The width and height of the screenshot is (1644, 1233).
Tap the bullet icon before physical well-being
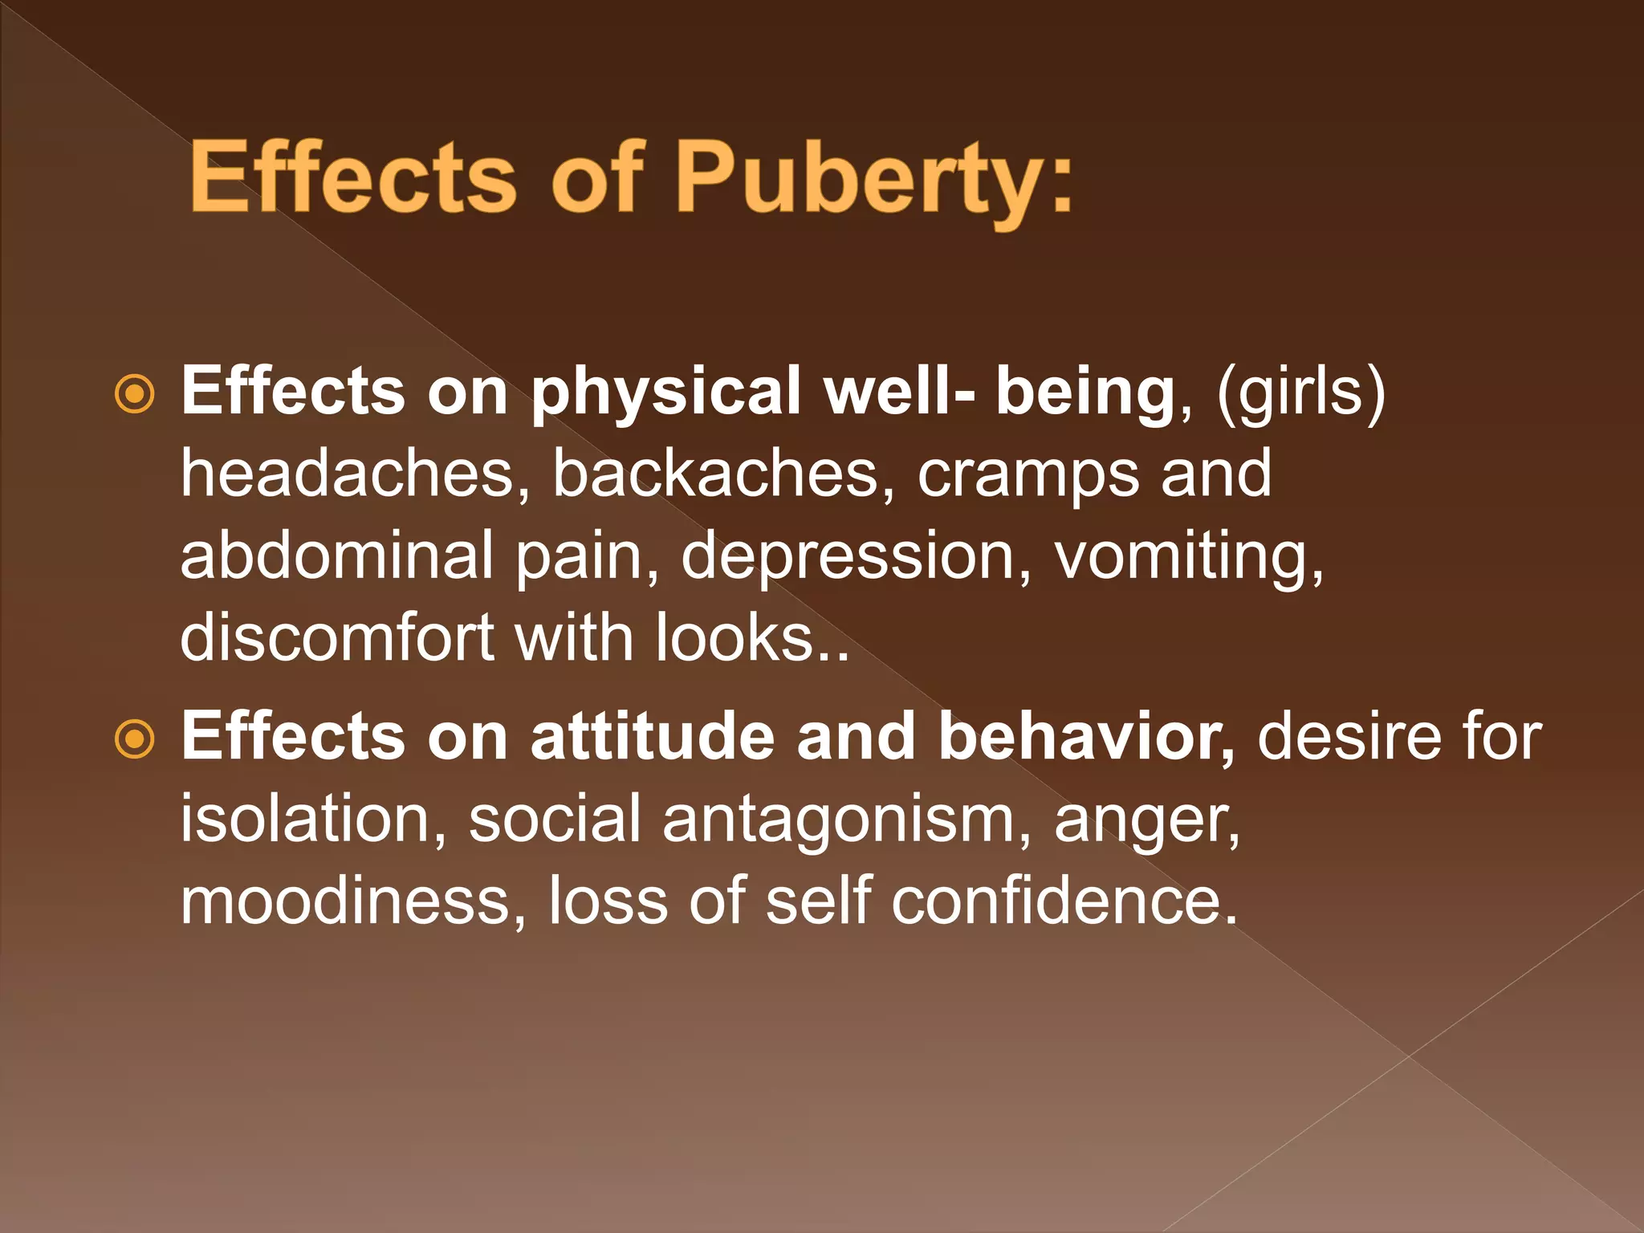[134, 393]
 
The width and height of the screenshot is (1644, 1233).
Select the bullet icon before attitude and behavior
[134, 739]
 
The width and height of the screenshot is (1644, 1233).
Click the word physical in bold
[666, 393]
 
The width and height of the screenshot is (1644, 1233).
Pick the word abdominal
[336, 555]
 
